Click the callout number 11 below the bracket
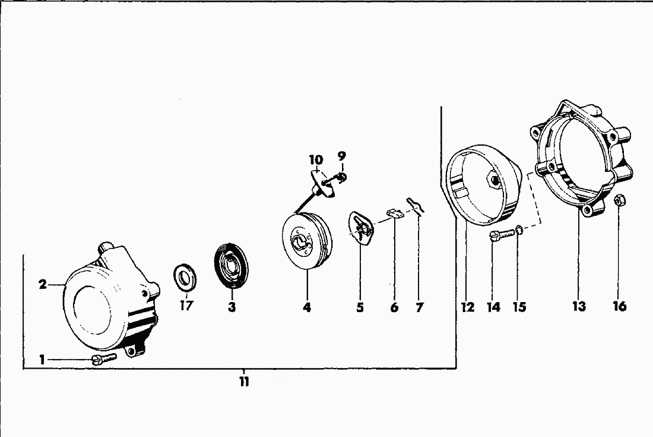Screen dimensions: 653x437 pos(244,381)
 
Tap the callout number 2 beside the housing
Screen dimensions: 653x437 pos(43,285)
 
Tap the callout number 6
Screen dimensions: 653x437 pos(394,308)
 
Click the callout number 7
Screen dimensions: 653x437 pos(419,308)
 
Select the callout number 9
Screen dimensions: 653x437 pos(341,156)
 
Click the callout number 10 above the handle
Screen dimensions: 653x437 pos(316,160)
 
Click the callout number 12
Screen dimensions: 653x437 pos(468,307)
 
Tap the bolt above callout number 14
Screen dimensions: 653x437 pos(503,235)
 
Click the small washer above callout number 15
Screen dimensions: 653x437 pos(519,229)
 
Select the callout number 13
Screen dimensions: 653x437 pos(579,306)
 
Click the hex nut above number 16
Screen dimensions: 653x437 pos(619,200)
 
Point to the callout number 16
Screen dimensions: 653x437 pos(620,306)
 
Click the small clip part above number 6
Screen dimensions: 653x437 pos(395,213)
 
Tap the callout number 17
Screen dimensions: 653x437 pos(186,306)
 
